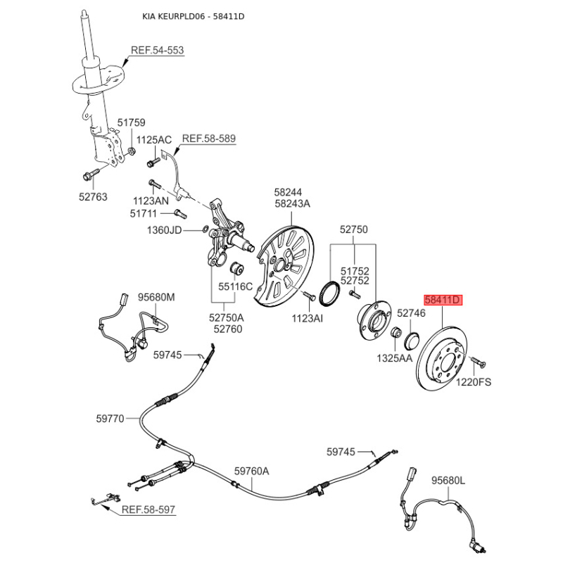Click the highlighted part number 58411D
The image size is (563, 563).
point(443,301)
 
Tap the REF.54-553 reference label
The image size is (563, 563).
point(157,50)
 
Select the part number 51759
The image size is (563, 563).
point(132,122)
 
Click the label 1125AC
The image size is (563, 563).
point(154,139)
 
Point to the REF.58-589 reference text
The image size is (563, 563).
point(209,138)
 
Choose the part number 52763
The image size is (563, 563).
point(93,197)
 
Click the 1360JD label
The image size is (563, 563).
point(165,230)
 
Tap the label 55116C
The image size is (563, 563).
point(236,286)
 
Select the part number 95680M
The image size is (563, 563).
point(156,297)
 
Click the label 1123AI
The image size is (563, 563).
point(308,318)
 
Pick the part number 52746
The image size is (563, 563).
point(411,313)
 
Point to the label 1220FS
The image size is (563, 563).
point(474,382)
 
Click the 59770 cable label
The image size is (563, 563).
point(110,419)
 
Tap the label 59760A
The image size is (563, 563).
point(252,471)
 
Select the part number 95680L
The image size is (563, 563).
point(448,480)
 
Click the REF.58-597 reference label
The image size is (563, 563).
point(148,509)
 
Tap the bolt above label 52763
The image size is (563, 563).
point(91,175)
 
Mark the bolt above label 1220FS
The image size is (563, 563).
point(479,361)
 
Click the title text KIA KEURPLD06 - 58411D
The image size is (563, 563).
point(194,16)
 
